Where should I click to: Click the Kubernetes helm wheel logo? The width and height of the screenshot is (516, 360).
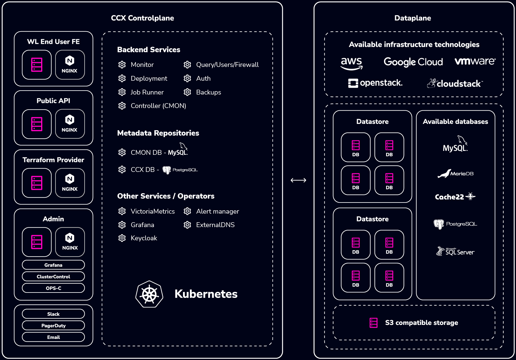[149, 294]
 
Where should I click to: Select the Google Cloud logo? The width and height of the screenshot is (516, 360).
[413, 62]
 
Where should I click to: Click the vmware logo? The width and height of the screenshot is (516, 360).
[475, 61]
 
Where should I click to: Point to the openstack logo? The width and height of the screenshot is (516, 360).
[375, 83]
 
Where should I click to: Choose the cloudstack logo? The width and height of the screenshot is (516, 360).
[455, 83]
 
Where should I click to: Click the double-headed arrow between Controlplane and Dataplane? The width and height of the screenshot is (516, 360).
[298, 180]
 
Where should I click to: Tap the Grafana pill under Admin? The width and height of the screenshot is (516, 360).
[53, 265]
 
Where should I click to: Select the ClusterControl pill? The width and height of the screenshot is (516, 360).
[53, 277]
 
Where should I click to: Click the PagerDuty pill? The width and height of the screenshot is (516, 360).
[53, 325]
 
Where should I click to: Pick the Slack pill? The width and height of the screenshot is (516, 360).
[53, 314]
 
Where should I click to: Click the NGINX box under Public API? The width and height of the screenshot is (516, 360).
[70, 124]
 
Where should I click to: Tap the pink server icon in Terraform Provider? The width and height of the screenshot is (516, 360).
[37, 183]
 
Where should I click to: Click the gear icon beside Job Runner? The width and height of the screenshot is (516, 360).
[122, 92]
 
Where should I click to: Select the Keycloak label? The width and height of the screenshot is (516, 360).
[144, 238]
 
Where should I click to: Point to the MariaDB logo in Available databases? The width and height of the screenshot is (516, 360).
[455, 173]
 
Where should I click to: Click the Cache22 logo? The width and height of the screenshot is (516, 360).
[455, 197]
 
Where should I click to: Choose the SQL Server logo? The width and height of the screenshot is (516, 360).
[455, 251]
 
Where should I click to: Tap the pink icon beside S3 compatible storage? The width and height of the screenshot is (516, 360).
[373, 323]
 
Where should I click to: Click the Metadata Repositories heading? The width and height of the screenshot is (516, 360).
[158, 133]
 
